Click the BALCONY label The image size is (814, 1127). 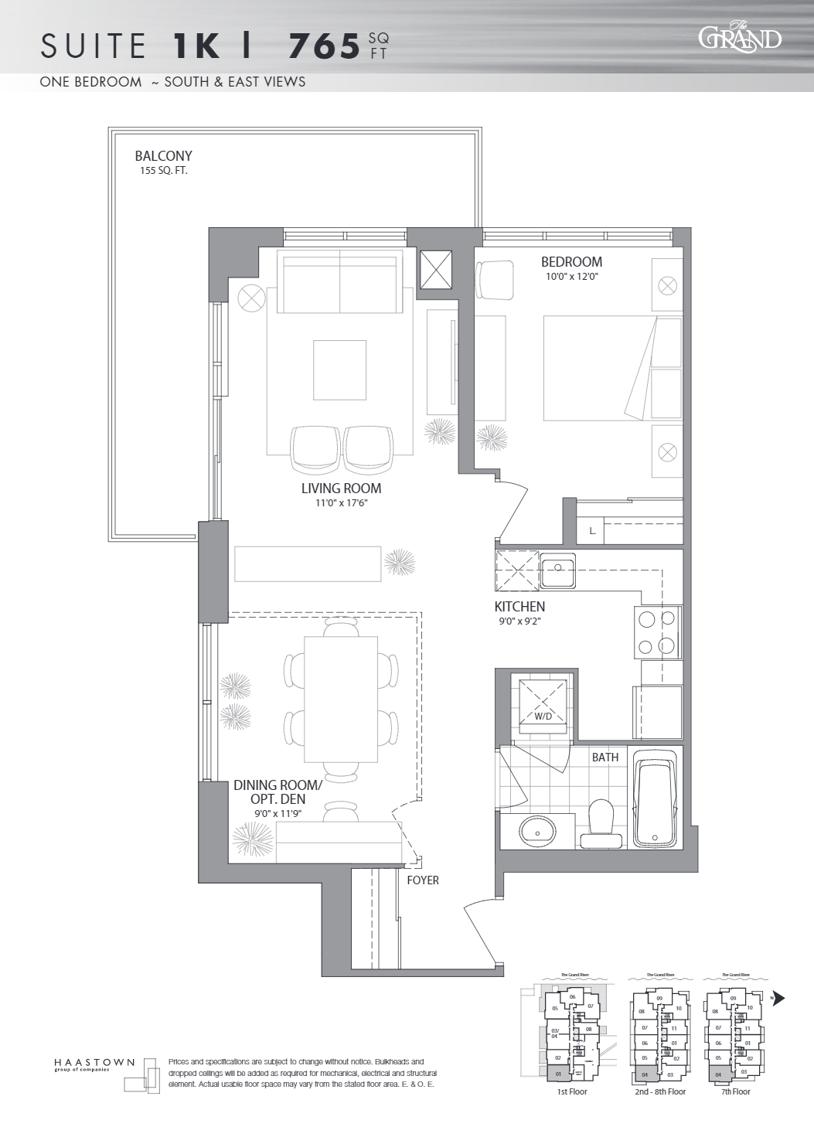pyautogui.click(x=163, y=156)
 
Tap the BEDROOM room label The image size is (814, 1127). pyautogui.click(x=571, y=262)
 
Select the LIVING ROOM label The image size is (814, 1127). pyautogui.click(x=341, y=489)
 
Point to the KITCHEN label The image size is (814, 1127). pyautogui.click(x=519, y=607)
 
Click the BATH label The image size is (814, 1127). pyautogui.click(x=605, y=758)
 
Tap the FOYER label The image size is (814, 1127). pyautogui.click(x=423, y=880)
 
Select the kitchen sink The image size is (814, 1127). pyautogui.click(x=557, y=571)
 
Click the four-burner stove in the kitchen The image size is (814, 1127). pyautogui.click(x=657, y=632)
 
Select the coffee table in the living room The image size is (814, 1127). pyautogui.click(x=339, y=370)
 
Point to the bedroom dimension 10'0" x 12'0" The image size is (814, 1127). pyautogui.click(x=571, y=277)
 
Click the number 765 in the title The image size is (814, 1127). pyautogui.click(x=325, y=46)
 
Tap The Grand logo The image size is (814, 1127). pyautogui.click(x=740, y=38)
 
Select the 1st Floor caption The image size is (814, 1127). pyautogui.click(x=572, y=1091)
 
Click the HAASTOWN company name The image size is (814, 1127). pyautogui.click(x=94, y=1063)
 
